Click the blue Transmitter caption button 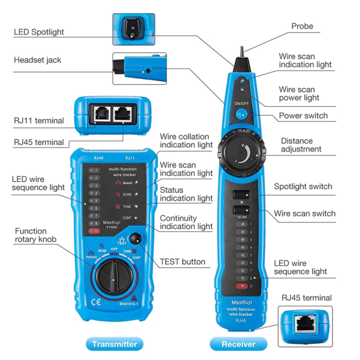coord(114,344)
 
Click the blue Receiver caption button coord(238,344)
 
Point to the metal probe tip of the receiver coord(242,53)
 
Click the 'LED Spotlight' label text coord(39,32)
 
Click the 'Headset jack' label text coord(38,60)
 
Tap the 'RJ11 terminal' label coord(39,121)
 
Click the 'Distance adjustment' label coord(301,145)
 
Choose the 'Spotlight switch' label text coord(303,187)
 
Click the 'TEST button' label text coord(182,262)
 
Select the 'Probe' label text coord(302,26)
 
